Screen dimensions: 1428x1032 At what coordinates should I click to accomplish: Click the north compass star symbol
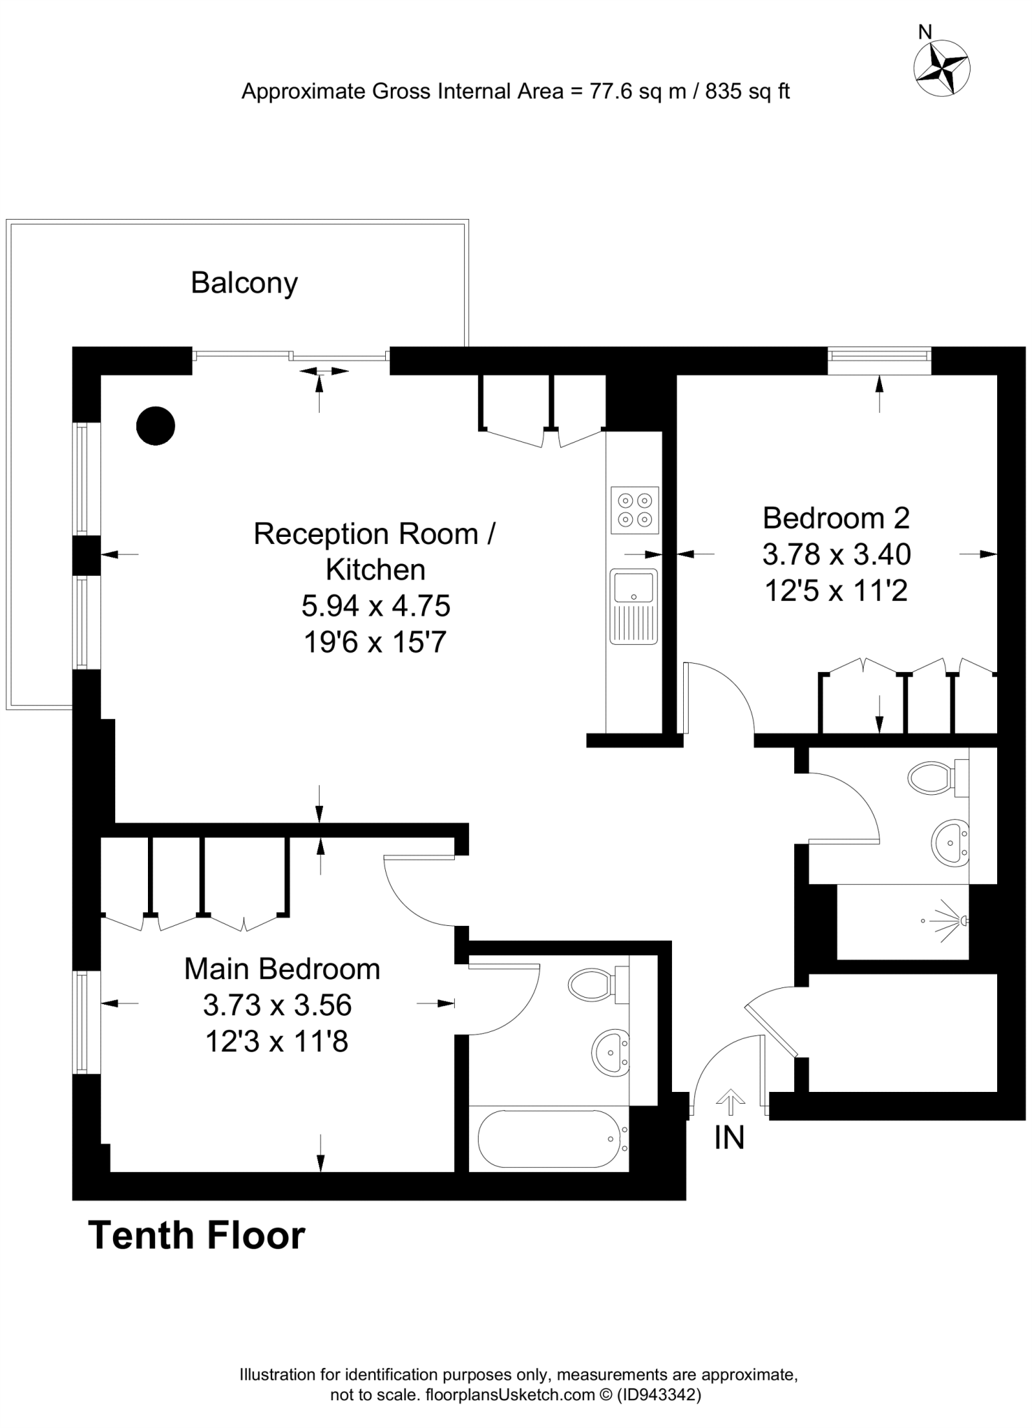[x=941, y=68]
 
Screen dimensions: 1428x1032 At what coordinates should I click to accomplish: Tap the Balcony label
[x=244, y=283]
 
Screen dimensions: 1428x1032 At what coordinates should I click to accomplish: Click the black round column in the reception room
[x=155, y=425]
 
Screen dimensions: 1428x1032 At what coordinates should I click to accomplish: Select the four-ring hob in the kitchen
[x=635, y=510]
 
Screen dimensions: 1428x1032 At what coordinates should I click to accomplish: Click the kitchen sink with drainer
[x=634, y=606]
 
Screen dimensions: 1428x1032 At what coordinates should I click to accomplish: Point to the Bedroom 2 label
[x=836, y=518]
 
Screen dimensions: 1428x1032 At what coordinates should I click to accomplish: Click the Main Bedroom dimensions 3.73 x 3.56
[x=277, y=1005]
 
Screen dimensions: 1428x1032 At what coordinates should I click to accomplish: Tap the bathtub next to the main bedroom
[x=548, y=1139]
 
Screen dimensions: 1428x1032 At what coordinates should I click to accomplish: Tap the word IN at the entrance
[x=729, y=1138]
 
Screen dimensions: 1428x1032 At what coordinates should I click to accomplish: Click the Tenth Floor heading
[x=197, y=1236]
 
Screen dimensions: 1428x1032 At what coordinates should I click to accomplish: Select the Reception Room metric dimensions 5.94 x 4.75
[x=375, y=606]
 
